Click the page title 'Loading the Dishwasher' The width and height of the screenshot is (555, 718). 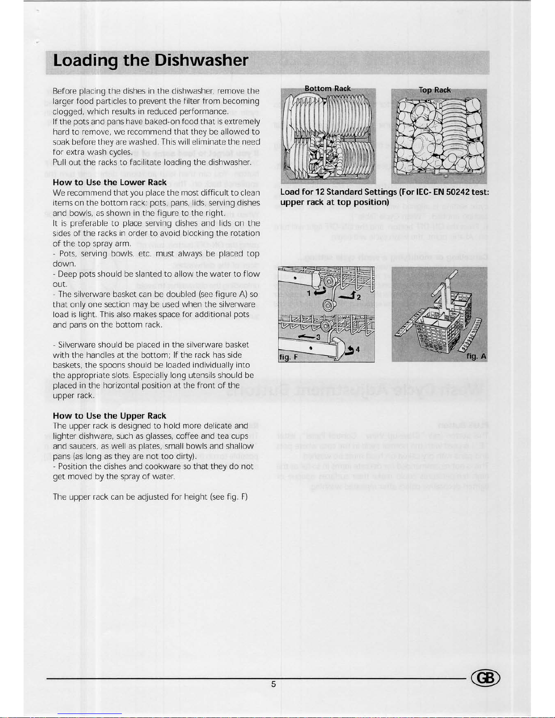pyautogui.click(x=150, y=61)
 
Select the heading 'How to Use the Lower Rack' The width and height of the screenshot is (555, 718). pyautogui.click(x=110, y=183)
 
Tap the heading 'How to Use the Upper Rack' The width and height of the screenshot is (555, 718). pyautogui.click(x=110, y=416)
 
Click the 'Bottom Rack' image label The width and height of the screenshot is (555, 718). pyautogui.click(x=328, y=89)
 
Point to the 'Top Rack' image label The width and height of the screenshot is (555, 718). pyautogui.click(x=435, y=90)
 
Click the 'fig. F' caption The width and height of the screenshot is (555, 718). pyautogui.click(x=289, y=357)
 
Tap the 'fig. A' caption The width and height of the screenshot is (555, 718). pyautogui.click(x=477, y=357)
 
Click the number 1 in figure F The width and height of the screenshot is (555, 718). pyautogui.click(x=309, y=294)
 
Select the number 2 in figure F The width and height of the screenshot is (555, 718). pyautogui.click(x=358, y=297)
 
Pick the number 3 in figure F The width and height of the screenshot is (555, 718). pyautogui.click(x=319, y=337)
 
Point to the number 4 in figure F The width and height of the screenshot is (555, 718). pyautogui.click(x=358, y=349)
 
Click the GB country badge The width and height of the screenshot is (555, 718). pyautogui.click(x=486, y=678)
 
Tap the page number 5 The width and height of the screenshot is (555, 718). pyautogui.click(x=274, y=684)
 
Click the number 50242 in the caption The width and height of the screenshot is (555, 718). pyautogui.click(x=459, y=192)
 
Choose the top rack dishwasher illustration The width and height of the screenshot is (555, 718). pyautogui.click(x=439, y=136)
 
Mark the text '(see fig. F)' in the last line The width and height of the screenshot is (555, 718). pyautogui.click(x=229, y=496)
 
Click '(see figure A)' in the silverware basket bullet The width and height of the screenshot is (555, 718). pyautogui.click(x=223, y=294)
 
